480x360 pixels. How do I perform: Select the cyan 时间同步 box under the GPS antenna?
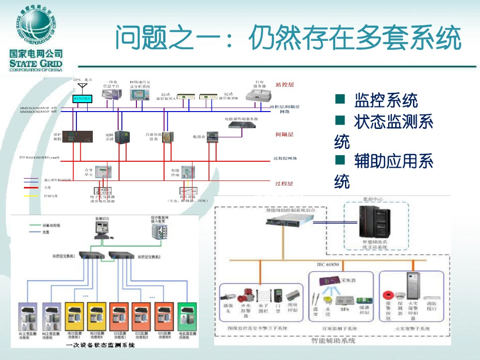82,98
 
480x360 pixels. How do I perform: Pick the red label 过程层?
284,183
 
